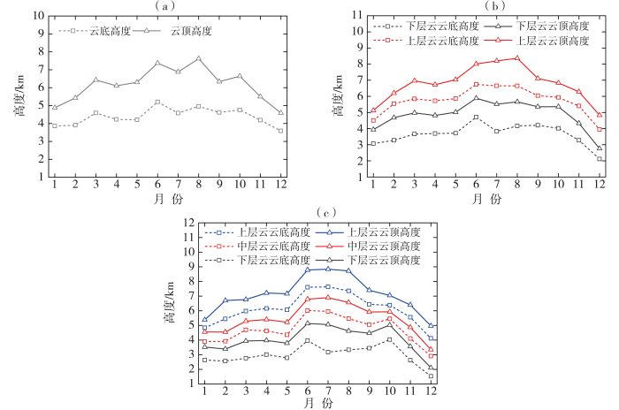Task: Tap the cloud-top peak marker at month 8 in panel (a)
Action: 198,58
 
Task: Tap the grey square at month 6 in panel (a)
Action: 157,102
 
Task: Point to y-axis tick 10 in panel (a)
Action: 36,16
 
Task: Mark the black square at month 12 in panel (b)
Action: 600,159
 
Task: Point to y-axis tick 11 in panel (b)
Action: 357,15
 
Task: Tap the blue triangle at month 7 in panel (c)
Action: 327,268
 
